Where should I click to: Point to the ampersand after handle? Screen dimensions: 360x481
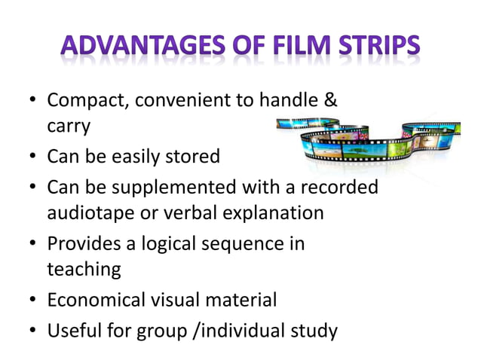tap(330, 100)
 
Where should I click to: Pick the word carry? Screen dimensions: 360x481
tap(69, 126)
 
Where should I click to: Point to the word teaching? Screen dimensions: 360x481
tap(83, 269)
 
